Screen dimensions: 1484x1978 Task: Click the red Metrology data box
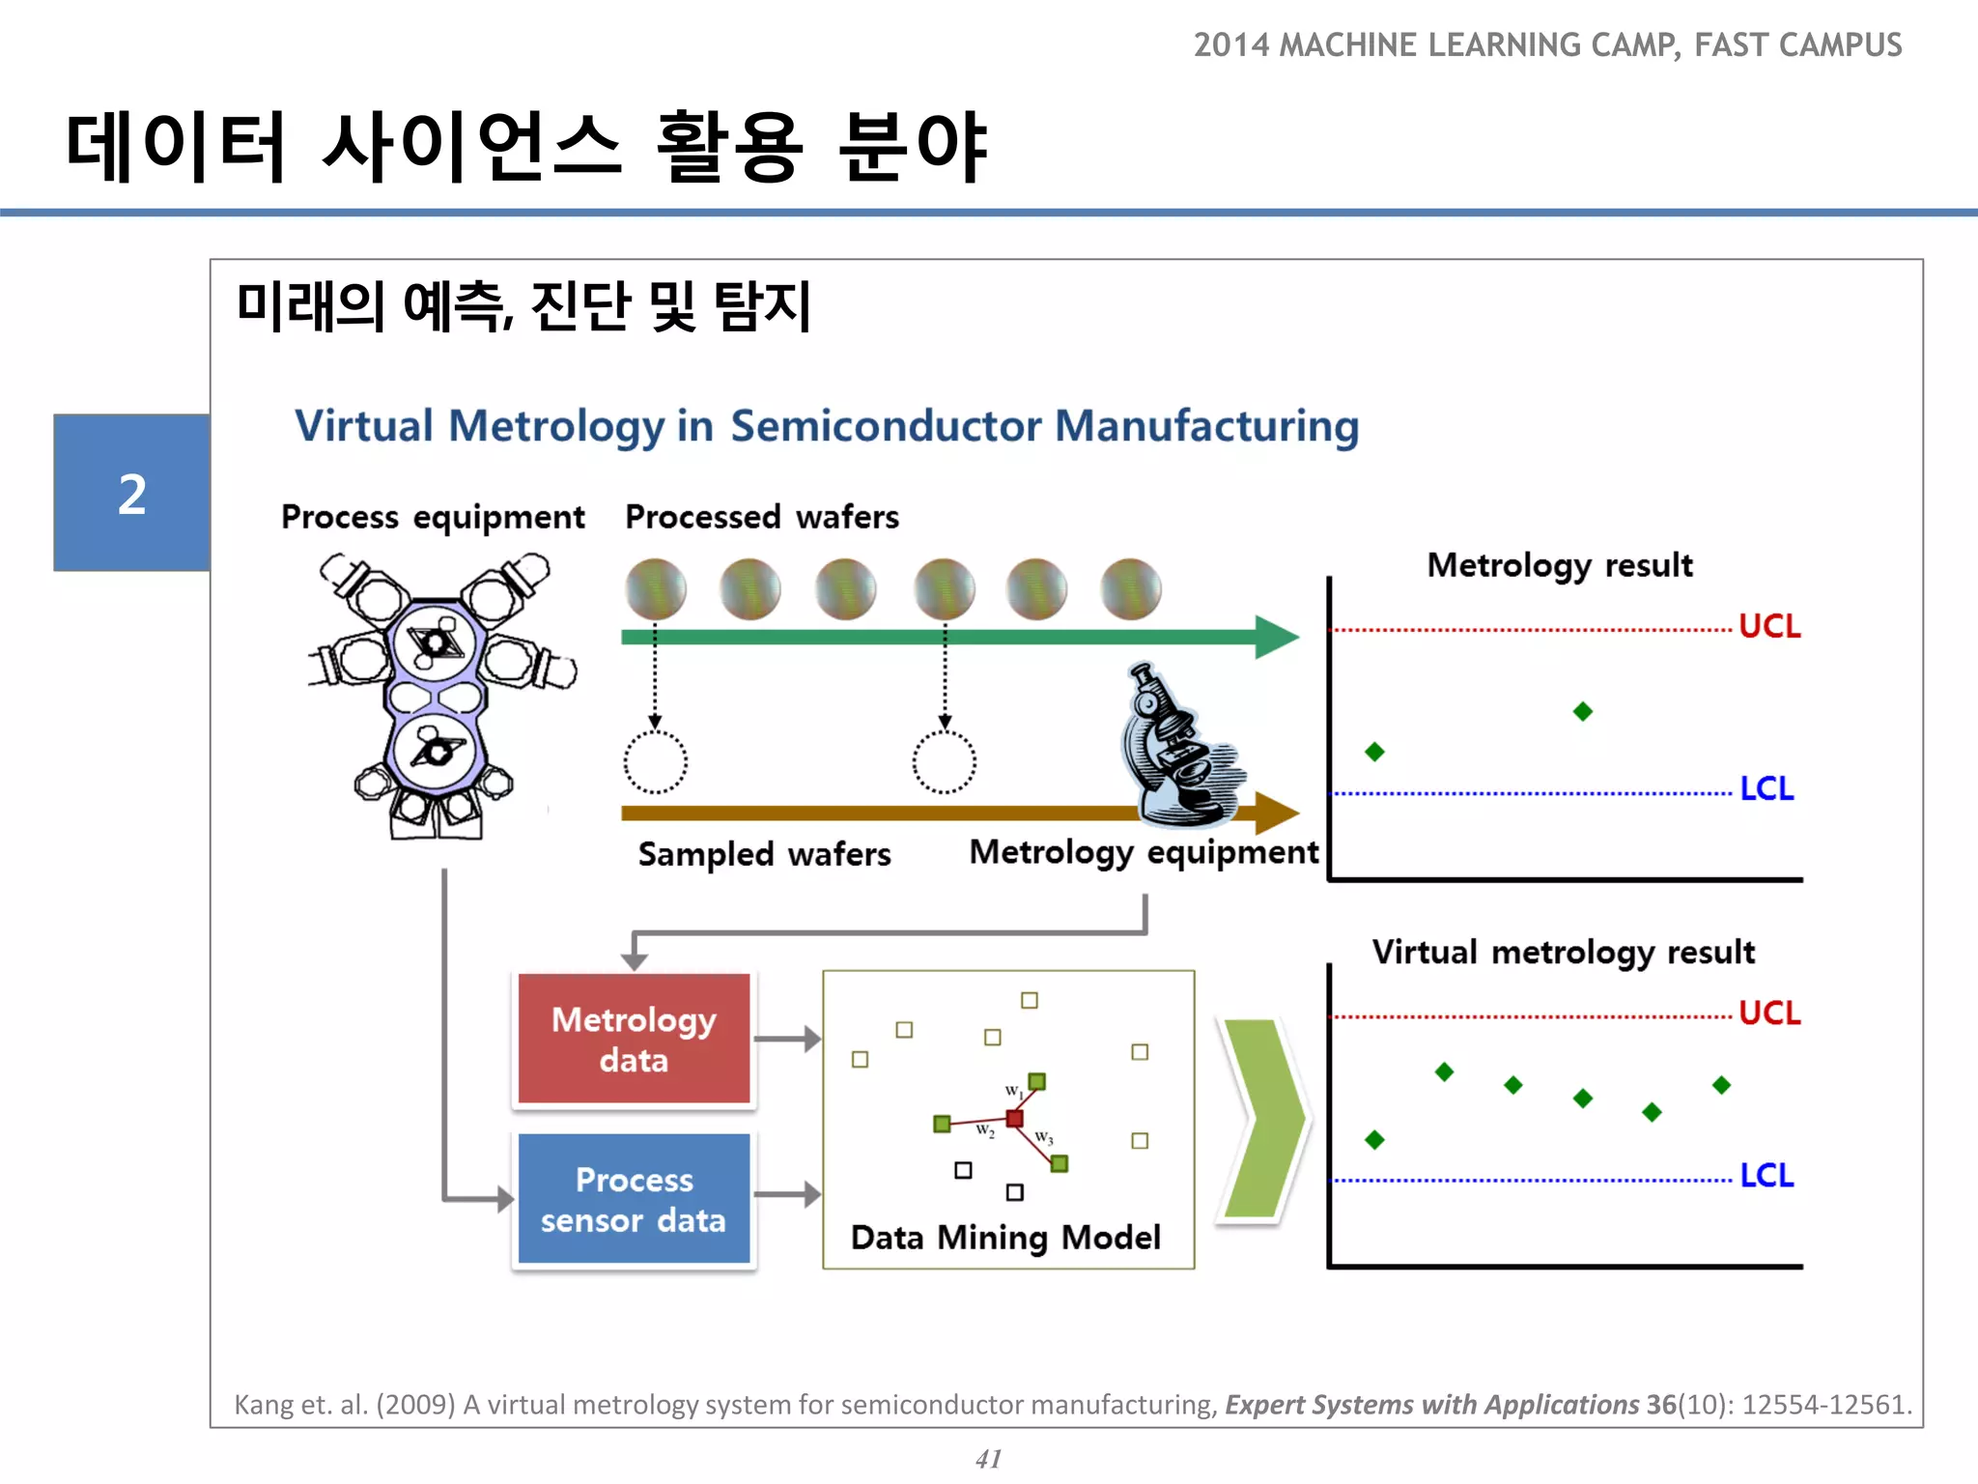tap(634, 1039)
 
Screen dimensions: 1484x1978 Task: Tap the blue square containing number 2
tap(131, 493)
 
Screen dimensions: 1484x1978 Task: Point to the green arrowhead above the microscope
tap(1277, 637)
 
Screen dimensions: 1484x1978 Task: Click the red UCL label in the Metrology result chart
tap(1768, 626)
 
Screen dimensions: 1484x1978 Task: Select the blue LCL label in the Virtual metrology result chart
tap(1766, 1176)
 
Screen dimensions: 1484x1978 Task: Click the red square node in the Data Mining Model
tap(1014, 1119)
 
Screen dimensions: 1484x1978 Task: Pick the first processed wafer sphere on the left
tap(656, 588)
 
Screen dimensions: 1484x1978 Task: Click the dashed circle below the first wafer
tap(656, 762)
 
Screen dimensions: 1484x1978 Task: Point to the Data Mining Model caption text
tap(1005, 1238)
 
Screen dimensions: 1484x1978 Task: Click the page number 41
tap(988, 1458)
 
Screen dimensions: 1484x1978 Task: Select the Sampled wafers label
tap(764, 854)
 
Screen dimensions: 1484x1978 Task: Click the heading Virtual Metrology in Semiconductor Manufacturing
tap(827, 426)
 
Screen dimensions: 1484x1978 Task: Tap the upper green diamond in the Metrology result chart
tap(1582, 712)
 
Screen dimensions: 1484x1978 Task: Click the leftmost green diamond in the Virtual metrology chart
tap(1374, 1140)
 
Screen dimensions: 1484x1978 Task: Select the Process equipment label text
tap(433, 518)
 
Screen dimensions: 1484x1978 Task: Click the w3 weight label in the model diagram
tap(1044, 1137)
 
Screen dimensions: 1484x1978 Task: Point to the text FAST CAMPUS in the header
tap(1797, 45)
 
